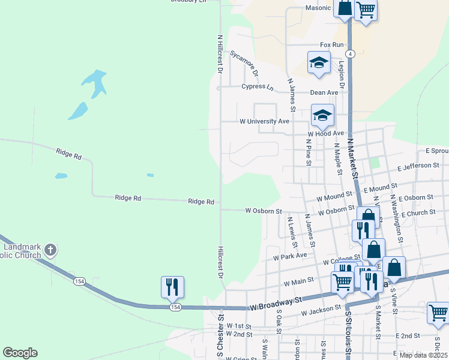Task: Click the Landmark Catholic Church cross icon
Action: pos(50,249)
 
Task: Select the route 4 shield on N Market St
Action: pos(351,53)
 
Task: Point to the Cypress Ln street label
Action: pos(257,87)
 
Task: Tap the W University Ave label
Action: pos(264,121)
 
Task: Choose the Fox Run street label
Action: pos(332,45)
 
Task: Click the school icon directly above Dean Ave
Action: pos(319,62)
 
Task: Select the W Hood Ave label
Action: pos(325,133)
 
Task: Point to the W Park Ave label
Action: pos(289,255)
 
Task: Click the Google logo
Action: pos(20,353)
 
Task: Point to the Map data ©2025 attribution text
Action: pos(424,355)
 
